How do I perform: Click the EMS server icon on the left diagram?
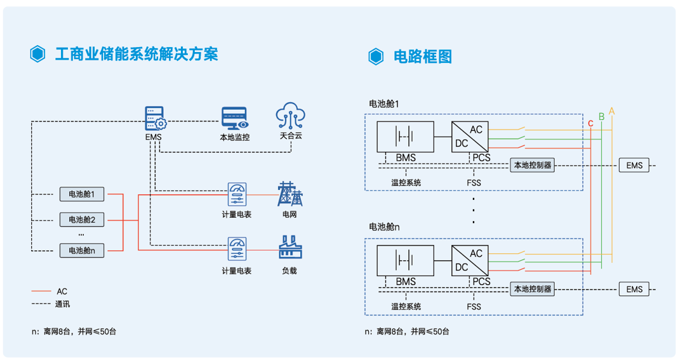(154, 118)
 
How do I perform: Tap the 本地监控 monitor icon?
(235, 118)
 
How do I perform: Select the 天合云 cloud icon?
(291, 116)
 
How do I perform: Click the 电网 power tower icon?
(289, 194)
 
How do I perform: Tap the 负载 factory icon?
(289, 248)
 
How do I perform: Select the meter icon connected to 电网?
(236, 194)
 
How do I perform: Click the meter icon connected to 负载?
(236, 248)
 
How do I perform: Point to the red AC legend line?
(41, 291)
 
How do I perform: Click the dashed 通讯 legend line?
(41, 304)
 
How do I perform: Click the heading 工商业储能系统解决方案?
(136, 54)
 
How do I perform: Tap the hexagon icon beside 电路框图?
(376, 57)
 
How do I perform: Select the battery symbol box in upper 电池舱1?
(405, 137)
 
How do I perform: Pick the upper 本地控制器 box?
(532, 165)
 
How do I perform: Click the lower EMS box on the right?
(634, 290)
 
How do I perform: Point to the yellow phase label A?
(611, 111)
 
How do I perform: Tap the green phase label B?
(601, 116)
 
